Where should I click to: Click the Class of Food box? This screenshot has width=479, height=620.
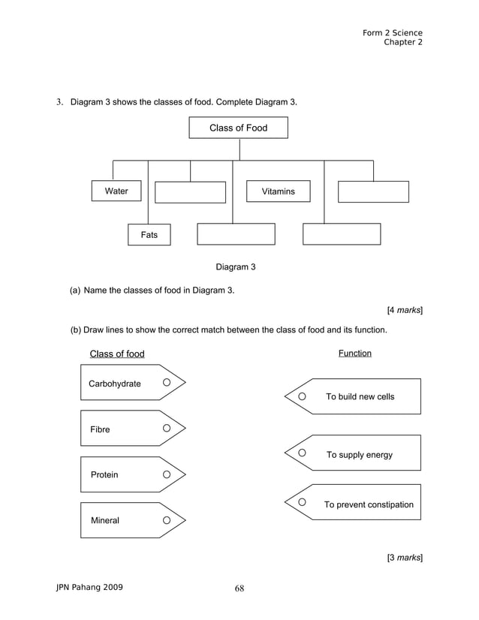click(238, 128)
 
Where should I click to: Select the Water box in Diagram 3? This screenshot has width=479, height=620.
click(116, 191)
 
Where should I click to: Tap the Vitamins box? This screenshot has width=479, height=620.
click(279, 192)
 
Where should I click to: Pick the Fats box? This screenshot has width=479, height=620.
click(149, 235)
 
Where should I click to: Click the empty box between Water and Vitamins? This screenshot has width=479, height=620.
click(190, 192)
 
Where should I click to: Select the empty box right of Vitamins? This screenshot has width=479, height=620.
click(373, 192)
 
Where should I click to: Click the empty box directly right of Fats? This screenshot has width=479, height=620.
click(236, 234)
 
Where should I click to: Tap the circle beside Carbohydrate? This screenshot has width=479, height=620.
click(167, 383)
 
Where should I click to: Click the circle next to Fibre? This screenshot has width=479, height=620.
click(167, 429)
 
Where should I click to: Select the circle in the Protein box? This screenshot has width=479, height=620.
click(167, 474)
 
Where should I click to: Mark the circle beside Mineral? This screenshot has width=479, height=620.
click(167, 520)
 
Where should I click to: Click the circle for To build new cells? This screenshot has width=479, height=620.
click(302, 396)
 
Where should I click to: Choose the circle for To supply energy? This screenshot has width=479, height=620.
click(302, 453)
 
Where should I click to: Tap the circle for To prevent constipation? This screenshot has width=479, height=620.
click(302, 501)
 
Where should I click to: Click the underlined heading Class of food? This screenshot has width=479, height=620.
click(117, 354)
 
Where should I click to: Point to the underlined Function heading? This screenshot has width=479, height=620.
click(354, 353)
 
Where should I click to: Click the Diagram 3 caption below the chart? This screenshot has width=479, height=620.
click(236, 266)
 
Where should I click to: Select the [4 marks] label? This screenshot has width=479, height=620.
click(404, 310)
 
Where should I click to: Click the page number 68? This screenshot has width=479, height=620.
click(239, 588)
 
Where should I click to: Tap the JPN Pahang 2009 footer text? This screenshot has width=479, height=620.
click(90, 587)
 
